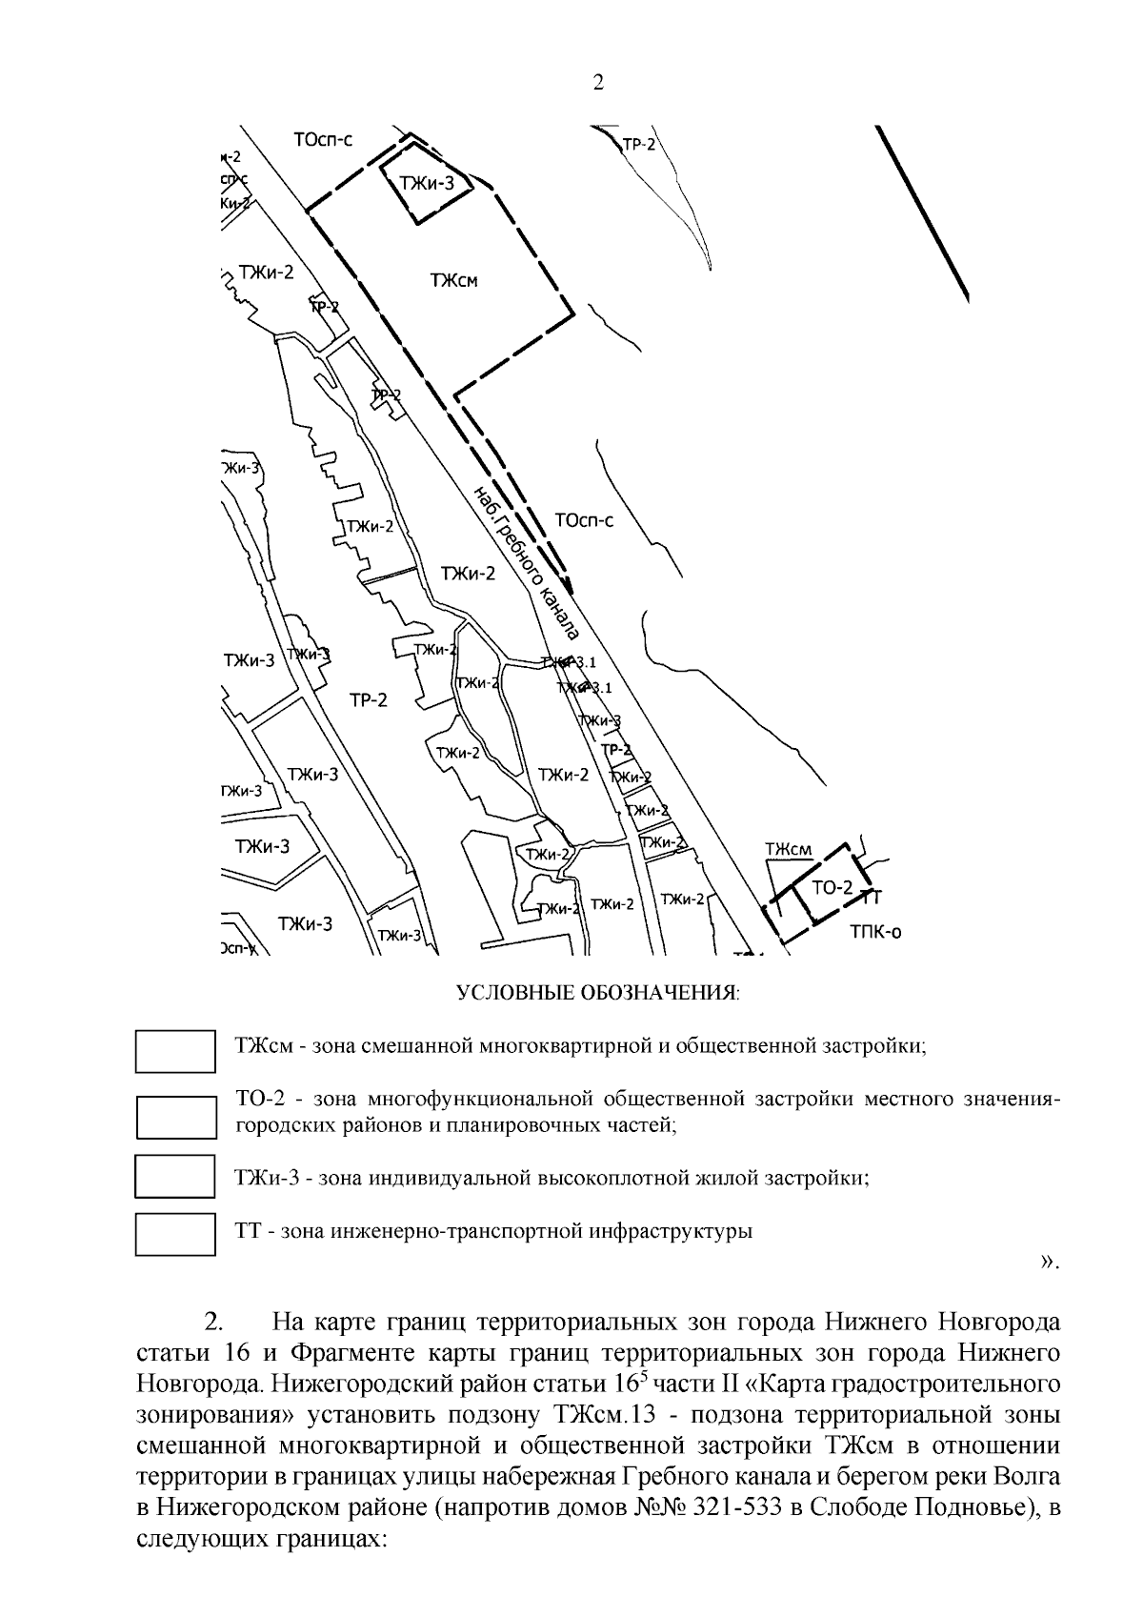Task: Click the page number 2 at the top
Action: pyautogui.click(x=598, y=83)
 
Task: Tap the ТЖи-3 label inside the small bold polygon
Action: pyautogui.click(x=428, y=184)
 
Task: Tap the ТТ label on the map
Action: pyautogui.click(x=872, y=897)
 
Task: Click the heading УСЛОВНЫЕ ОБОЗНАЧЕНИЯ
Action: pyautogui.click(x=598, y=994)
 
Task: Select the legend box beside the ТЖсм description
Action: pyautogui.click(x=175, y=1050)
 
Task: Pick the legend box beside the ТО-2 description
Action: pyautogui.click(x=175, y=1117)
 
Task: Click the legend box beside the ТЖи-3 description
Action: pyautogui.click(x=175, y=1176)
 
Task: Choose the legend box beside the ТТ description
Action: pyautogui.click(x=175, y=1234)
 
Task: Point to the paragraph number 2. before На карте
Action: pyautogui.click(x=215, y=1323)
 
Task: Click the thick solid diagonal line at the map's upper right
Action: pyautogui.click(x=924, y=213)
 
